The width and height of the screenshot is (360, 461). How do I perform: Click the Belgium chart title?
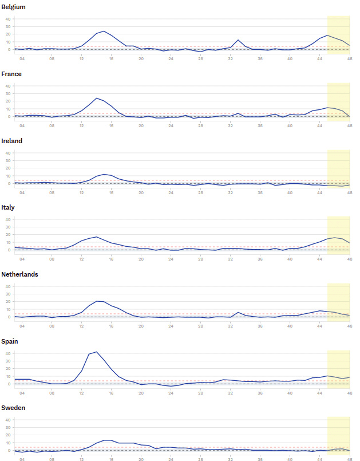click(13, 7)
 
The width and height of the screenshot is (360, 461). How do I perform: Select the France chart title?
click(11, 74)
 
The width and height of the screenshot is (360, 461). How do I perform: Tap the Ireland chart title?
click(12, 141)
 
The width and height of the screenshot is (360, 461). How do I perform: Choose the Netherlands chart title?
click(19, 274)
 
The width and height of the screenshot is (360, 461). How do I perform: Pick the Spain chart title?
click(10, 341)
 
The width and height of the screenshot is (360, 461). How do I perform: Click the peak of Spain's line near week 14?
click(96, 352)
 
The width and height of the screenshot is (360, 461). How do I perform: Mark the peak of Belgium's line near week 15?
click(104, 31)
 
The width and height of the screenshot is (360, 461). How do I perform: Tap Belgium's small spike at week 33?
click(238, 40)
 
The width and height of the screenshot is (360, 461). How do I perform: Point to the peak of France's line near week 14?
click(96, 98)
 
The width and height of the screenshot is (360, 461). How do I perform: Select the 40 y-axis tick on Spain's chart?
click(8, 353)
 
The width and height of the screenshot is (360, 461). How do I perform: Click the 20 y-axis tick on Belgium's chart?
click(8, 34)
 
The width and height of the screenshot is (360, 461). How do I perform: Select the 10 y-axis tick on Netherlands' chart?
click(8, 309)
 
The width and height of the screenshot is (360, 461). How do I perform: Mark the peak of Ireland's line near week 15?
click(104, 174)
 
